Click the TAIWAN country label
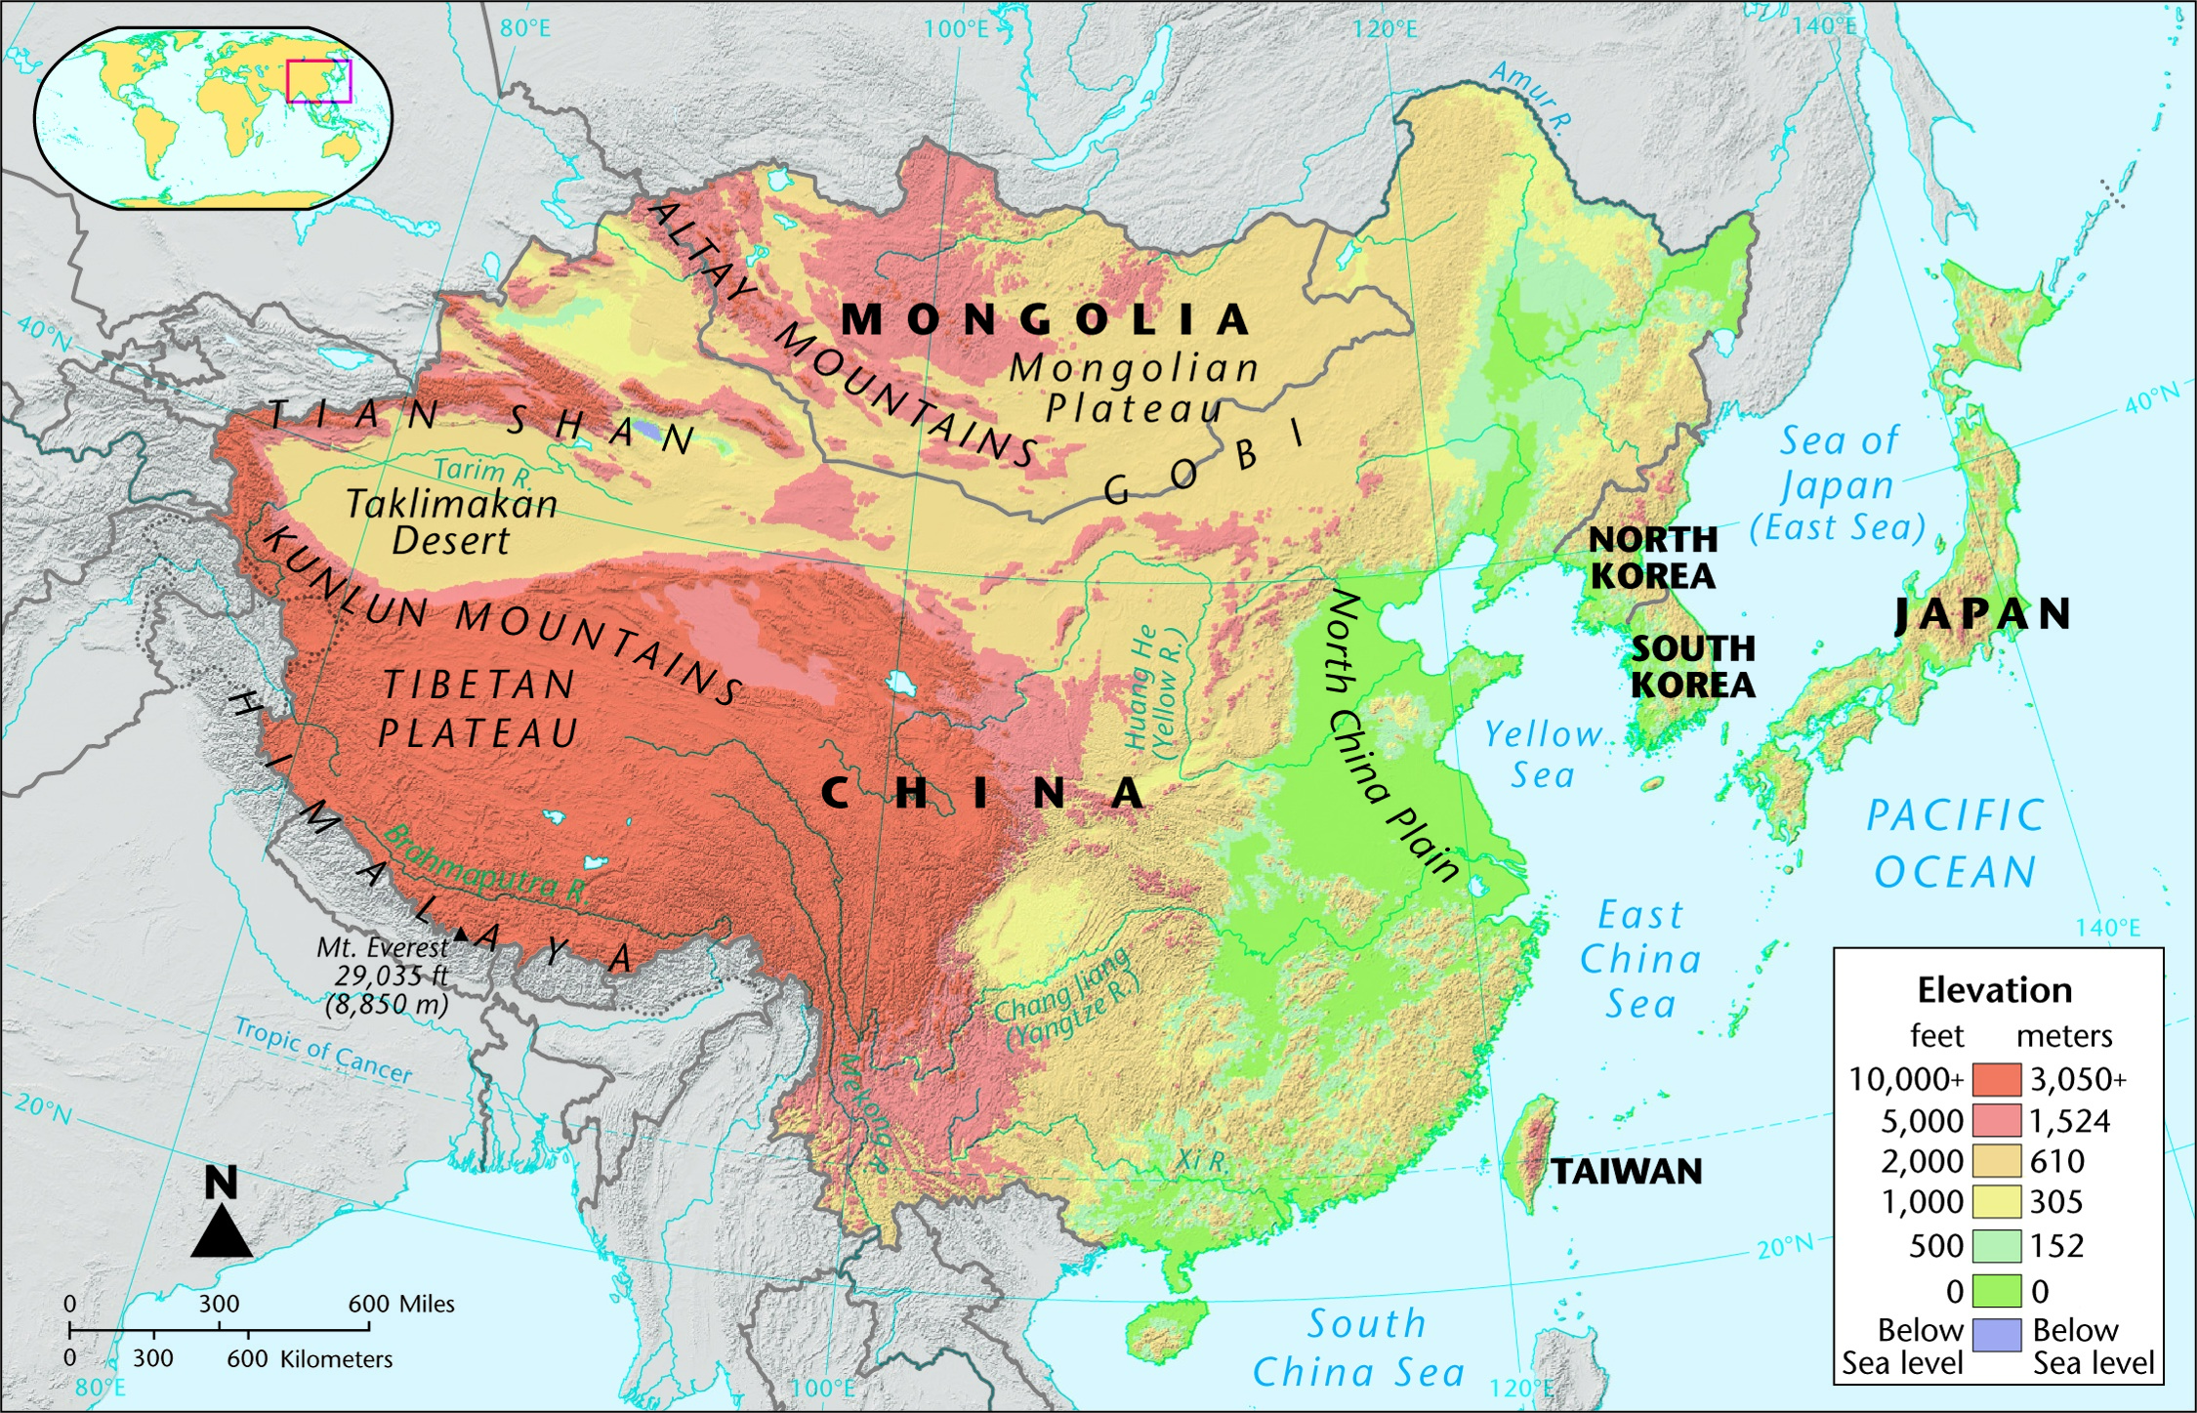click(1627, 1171)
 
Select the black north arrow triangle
click(222, 1233)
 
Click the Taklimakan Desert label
click(452, 521)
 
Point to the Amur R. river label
click(1530, 97)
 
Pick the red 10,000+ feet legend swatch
click(1996, 1079)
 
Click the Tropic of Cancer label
click(323, 1051)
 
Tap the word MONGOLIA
click(1045, 319)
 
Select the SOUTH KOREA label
click(1693, 666)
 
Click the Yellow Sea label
click(1543, 754)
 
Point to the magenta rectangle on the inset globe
click(318, 81)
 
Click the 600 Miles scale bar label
click(401, 1304)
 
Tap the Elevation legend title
click(1994, 990)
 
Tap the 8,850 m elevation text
click(388, 1004)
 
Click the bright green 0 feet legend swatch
click(1996, 1291)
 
